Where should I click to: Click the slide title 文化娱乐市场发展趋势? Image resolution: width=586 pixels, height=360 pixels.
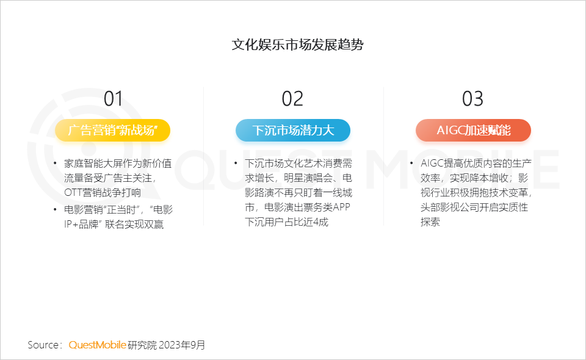tap(297, 45)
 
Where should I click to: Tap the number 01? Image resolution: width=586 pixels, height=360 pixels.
tap(113, 99)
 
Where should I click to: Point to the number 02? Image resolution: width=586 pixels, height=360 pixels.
tap(292, 99)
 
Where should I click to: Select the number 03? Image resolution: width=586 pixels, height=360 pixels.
tap(472, 99)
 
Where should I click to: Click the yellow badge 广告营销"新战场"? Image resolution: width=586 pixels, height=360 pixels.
tap(112, 131)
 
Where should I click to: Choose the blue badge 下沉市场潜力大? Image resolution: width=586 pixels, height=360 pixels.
tap(293, 131)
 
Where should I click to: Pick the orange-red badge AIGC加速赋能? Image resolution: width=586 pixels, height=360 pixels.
tap(474, 131)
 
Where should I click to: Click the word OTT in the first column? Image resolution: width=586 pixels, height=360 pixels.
tap(73, 193)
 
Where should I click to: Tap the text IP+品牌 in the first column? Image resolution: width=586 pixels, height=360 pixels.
tap(81, 225)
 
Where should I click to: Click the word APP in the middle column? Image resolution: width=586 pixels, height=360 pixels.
tap(341, 207)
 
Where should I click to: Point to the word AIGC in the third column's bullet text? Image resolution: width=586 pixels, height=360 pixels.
tap(432, 163)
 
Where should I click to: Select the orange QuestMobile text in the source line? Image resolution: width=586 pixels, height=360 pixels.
tap(98, 345)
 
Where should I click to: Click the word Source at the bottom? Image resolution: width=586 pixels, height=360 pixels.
tap(43, 345)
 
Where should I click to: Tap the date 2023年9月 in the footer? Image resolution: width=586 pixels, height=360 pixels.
tap(182, 345)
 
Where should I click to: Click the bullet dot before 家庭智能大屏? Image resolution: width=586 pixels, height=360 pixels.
tap(55, 163)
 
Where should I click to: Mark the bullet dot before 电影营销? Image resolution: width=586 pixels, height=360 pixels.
tap(55, 209)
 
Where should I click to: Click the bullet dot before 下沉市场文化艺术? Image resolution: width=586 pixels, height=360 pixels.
tap(236, 163)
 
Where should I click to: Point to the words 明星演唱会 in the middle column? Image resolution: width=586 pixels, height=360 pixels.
tap(308, 178)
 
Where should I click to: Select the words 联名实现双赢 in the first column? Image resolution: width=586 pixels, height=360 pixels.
tap(134, 225)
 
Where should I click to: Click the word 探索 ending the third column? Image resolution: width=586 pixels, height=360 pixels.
tap(430, 222)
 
